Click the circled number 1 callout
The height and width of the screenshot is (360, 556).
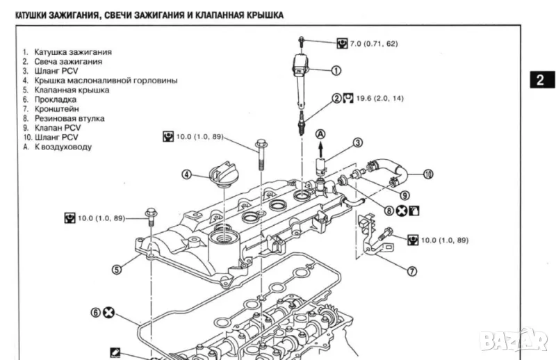pyautogui.click(x=336, y=70)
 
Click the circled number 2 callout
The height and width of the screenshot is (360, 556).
pyautogui.click(x=337, y=99)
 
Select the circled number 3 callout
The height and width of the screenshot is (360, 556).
pyautogui.click(x=358, y=143)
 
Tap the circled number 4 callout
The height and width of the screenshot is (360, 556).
pyautogui.click(x=187, y=174)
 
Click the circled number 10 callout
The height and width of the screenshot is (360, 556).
pyautogui.click(x=428, y=174)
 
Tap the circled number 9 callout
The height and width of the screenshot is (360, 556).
pyautogui.click(x=404, y=195)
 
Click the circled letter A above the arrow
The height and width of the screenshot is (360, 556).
pyautogui.click(x=320, y=133)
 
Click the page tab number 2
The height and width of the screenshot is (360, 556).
pyautogui.click(x=539, y=81)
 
